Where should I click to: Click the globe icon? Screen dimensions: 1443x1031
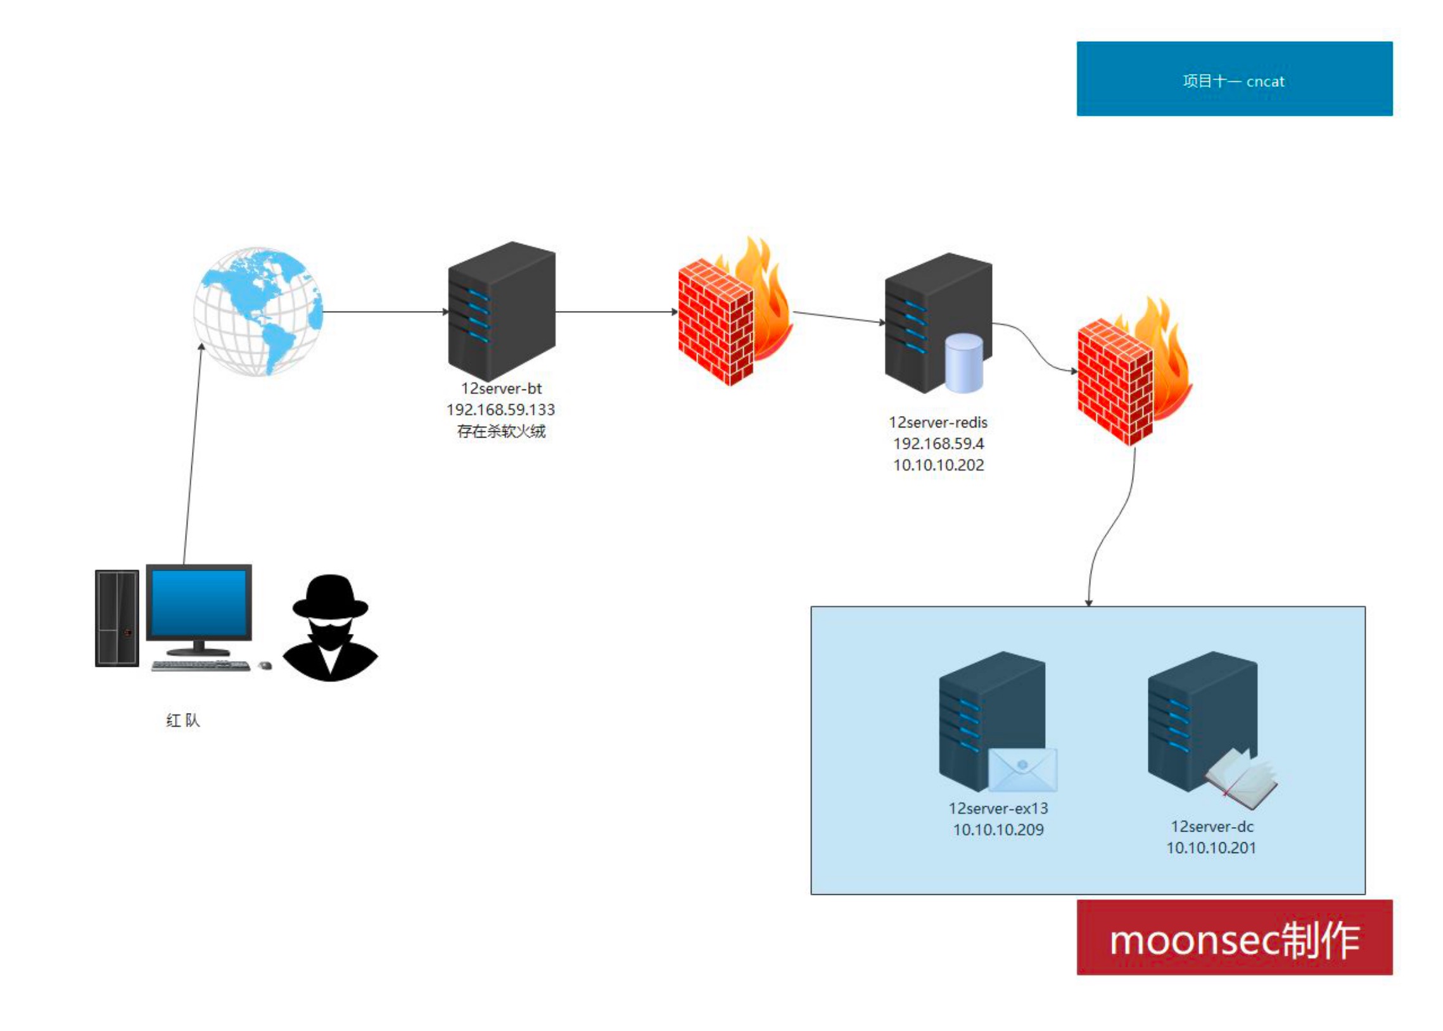258,311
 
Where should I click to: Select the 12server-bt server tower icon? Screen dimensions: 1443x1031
502,311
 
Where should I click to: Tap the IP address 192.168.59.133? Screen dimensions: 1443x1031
501,410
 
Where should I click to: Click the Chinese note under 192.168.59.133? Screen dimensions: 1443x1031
501,432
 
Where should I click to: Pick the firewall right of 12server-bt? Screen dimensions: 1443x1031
735,311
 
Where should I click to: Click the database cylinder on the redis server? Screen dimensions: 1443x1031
963,363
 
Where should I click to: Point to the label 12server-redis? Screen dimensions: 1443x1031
938,422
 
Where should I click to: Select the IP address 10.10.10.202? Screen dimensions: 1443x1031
938,465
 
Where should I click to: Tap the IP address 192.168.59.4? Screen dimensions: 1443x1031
938,443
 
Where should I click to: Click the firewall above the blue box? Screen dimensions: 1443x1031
1135,371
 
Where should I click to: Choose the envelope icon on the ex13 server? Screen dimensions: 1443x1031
1023,770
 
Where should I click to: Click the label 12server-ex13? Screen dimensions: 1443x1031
998,808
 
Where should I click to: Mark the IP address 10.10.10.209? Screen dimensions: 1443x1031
998,830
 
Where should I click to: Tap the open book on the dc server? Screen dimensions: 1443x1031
1241,779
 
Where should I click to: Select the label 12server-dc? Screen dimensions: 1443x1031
1212,826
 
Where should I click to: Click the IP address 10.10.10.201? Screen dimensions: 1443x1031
1211,847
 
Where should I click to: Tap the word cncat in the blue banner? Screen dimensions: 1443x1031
1264,81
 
